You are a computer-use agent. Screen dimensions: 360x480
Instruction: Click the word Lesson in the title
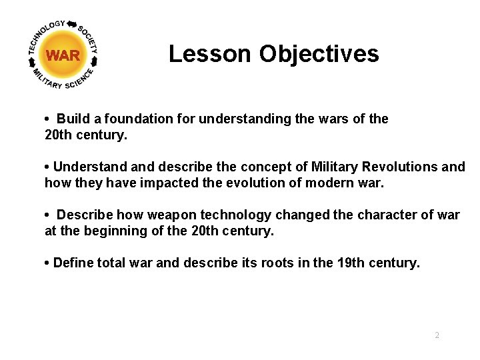coord(210,54)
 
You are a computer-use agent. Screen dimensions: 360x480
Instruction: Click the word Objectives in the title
coord(319,54)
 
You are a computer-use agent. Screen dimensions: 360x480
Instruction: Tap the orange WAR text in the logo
coord(63,56)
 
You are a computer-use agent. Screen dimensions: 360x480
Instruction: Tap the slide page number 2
coord(437,335)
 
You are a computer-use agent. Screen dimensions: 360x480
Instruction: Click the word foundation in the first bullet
coord(143,119)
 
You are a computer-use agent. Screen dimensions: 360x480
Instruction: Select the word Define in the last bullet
coord(73,263)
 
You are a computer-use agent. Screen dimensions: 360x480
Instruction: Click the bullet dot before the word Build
coord(48,119)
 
